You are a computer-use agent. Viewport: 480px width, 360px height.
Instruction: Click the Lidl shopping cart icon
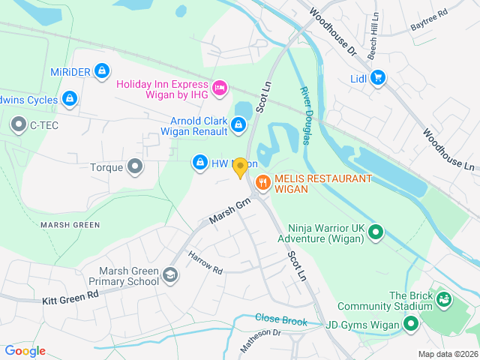[x=377, y=76]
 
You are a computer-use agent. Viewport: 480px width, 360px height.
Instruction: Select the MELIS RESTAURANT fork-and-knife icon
[x=262, y=181]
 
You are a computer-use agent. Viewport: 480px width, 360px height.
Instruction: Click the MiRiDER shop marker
[x=103, y=71]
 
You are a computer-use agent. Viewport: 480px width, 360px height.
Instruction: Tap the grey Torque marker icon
[x=135, y=166]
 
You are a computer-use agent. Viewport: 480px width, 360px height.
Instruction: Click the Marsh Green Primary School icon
[x=171, y=275]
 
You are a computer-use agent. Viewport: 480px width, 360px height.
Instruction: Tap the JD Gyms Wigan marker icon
[x=410, y=325]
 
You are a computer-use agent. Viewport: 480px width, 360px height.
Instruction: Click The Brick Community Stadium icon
[x=445, y=300]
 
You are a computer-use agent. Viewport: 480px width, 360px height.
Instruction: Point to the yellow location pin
[x=240, y=168]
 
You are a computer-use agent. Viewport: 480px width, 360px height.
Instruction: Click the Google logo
[x=25, y=350]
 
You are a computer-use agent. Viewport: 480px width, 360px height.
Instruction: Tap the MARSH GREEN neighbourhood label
[x=70, y=224]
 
